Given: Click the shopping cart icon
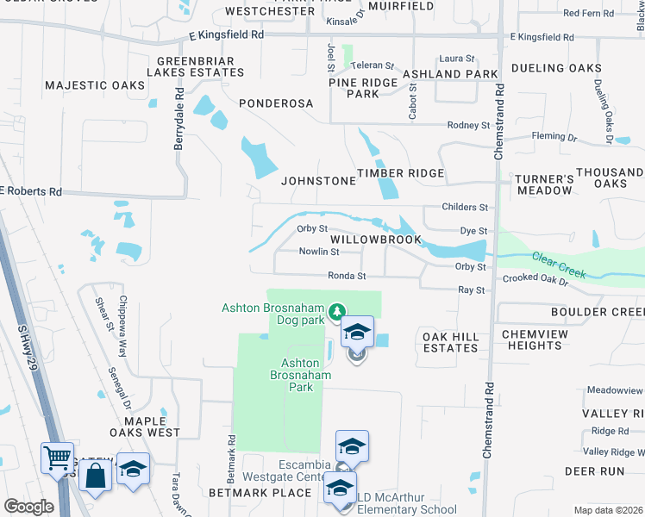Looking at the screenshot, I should tap(58, 458).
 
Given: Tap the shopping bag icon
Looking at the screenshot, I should tap(95, 472).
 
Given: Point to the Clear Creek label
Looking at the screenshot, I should tap(559, 265).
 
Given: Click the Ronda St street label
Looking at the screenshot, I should tap(347, 277).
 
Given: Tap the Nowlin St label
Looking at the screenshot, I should tap(319, 252).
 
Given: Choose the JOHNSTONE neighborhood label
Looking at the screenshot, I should tap(318, 181).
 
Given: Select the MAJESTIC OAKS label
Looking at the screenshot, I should tap(95, 85).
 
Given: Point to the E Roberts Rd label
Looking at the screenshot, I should tap(32, 191).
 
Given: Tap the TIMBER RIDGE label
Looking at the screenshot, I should tap(401, 173).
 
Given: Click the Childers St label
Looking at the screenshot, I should tap(465, 208).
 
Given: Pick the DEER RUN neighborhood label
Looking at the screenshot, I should tap(593, 471).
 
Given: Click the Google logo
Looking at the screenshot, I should tap(28, 507).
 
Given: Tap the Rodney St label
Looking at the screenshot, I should tap(468, 125).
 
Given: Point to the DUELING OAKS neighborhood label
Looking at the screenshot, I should tap(555, 68).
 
